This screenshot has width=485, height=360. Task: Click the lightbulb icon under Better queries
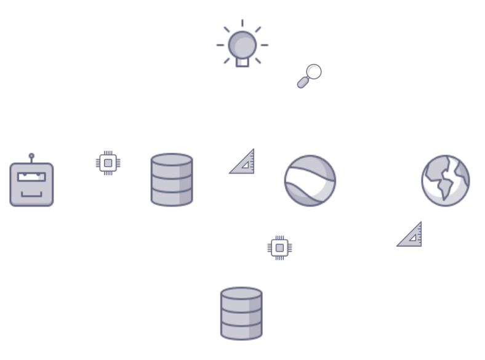click(242, 46)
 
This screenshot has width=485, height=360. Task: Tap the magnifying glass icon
click(310, 76)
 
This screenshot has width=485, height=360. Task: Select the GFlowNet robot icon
click(31, 183)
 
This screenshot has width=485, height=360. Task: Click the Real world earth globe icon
click(446, 179)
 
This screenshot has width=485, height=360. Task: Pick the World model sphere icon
click(310, 180)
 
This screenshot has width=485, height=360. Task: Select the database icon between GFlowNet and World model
click(172, 180)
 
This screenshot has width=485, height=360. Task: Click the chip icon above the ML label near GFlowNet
click(108, 162)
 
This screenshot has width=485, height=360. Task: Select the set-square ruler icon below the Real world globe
click(409, 234)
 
